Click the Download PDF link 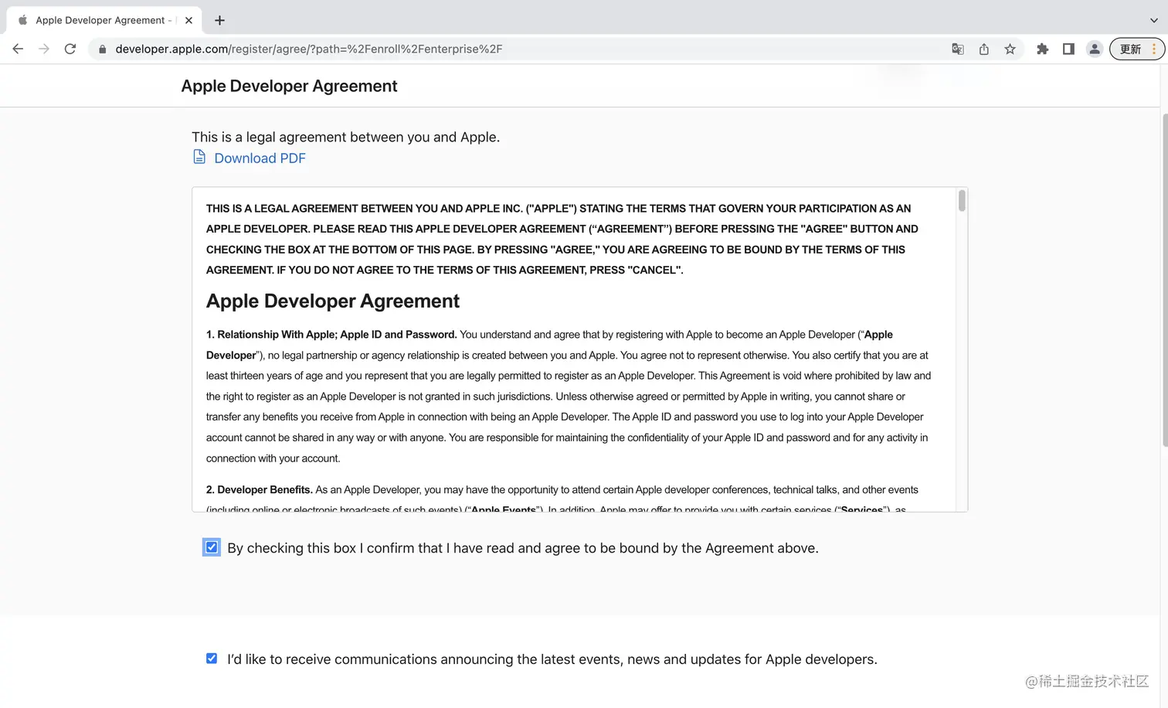pos(260,158)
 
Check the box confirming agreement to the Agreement pos(212,547)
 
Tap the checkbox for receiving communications pos(212,659)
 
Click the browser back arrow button pos(18,49)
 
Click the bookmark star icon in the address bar pos(1010,49)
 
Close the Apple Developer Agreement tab pos(188,20)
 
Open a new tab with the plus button pos(219,20)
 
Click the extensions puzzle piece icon pos(1042,49)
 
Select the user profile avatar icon pos(1095,49)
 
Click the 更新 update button pos(1130,49)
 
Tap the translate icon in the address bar pos(958,49)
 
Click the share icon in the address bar pos(983,49)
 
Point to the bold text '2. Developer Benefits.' pos(260,489)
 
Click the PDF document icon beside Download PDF pos(199,158)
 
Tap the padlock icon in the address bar pos(102,49)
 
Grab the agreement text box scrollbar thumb pos(962,201)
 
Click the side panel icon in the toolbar pos(1068,49)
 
